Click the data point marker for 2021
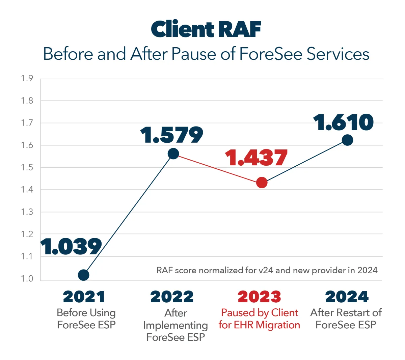[83, 275]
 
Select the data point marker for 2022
[173, 154]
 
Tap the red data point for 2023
[262, 183]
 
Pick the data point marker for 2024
[347, 140]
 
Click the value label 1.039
[71, 247]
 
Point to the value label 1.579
[172, 135]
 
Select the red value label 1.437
[256, 158]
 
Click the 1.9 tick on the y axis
[27, 79]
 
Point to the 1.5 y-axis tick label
[27, 168]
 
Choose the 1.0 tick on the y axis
[27, 279]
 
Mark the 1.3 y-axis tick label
[27, 212]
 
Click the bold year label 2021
[84, 297]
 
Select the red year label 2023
[259, 297]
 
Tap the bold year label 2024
[347, 297]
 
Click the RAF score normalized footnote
[267, 270]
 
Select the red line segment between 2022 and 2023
[217, 168]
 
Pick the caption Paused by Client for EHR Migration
[259, 319]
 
